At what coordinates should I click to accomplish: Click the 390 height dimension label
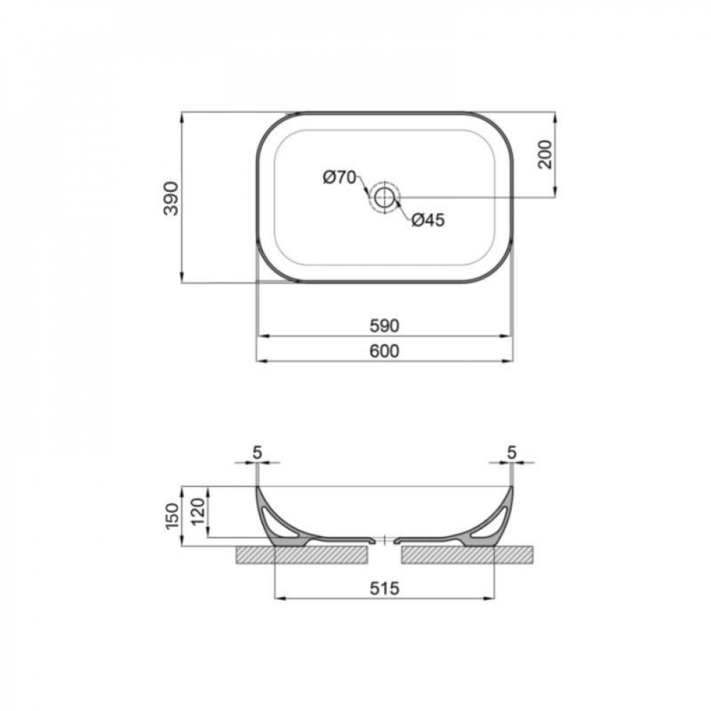(x=171, y=198)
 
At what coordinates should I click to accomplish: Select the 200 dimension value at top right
(x=545, y=154)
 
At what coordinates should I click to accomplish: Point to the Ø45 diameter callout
(x=428, y=220)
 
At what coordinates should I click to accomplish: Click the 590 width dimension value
(x=384, y=326)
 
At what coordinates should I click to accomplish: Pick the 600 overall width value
(x=384, y=351)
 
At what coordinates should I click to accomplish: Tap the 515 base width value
(x=384, y=588)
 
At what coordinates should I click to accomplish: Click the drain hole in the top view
(x=385, y=196)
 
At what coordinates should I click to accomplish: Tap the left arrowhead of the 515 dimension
(x=278, y=599)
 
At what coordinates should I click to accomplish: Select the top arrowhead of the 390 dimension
(x=183, y=116)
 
